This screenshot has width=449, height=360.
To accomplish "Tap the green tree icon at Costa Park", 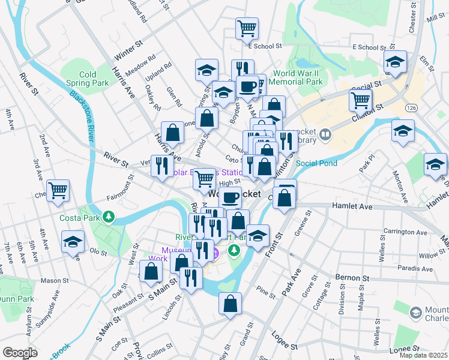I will tap(109, 216).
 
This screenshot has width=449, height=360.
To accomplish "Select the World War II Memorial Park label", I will tap(298, 77).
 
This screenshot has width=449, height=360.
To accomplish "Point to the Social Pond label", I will tap(316, 163).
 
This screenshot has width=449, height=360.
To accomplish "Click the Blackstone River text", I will tap(82, 114).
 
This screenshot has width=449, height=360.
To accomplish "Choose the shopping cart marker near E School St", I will tap(247, 27).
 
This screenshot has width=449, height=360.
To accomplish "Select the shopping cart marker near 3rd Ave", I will tap(58, 190).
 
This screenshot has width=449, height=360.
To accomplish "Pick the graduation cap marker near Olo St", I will tap(73, 241).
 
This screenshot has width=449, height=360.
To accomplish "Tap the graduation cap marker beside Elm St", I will tap(395, 61).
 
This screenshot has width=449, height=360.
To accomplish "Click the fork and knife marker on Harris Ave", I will tap(161, 165).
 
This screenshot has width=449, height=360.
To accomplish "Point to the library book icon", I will tap(325, 133).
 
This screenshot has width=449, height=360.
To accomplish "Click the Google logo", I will tap(20, 353).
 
